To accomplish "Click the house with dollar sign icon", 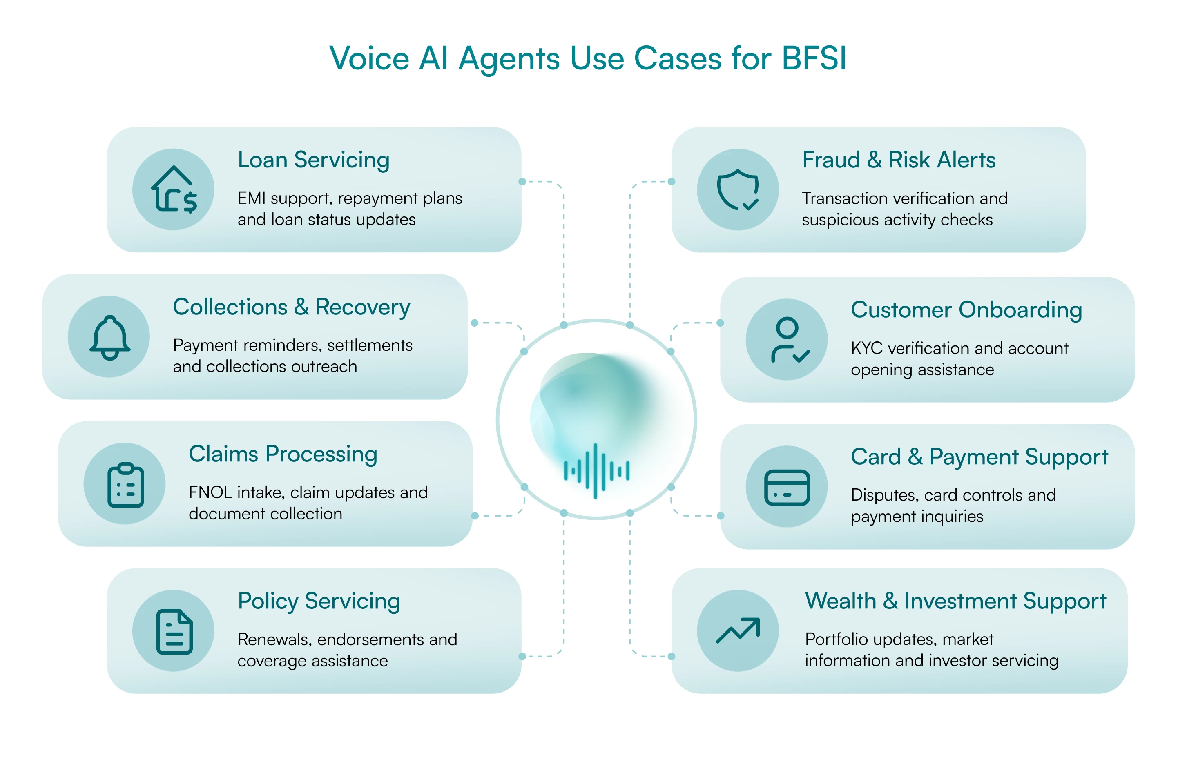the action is [x=174, y=189].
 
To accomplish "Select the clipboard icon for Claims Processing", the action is [x=126, y=485].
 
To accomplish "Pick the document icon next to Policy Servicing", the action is [x=174, y=632].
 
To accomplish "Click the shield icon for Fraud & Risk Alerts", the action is [x=738, y=189].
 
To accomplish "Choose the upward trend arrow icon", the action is [x=738, y=630].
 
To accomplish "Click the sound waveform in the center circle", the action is [x=596, y=470].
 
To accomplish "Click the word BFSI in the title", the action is [x=814, y=58].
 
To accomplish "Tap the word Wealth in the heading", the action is [x=841, y=601].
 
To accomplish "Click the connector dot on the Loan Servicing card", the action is [x=522, y=182].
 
